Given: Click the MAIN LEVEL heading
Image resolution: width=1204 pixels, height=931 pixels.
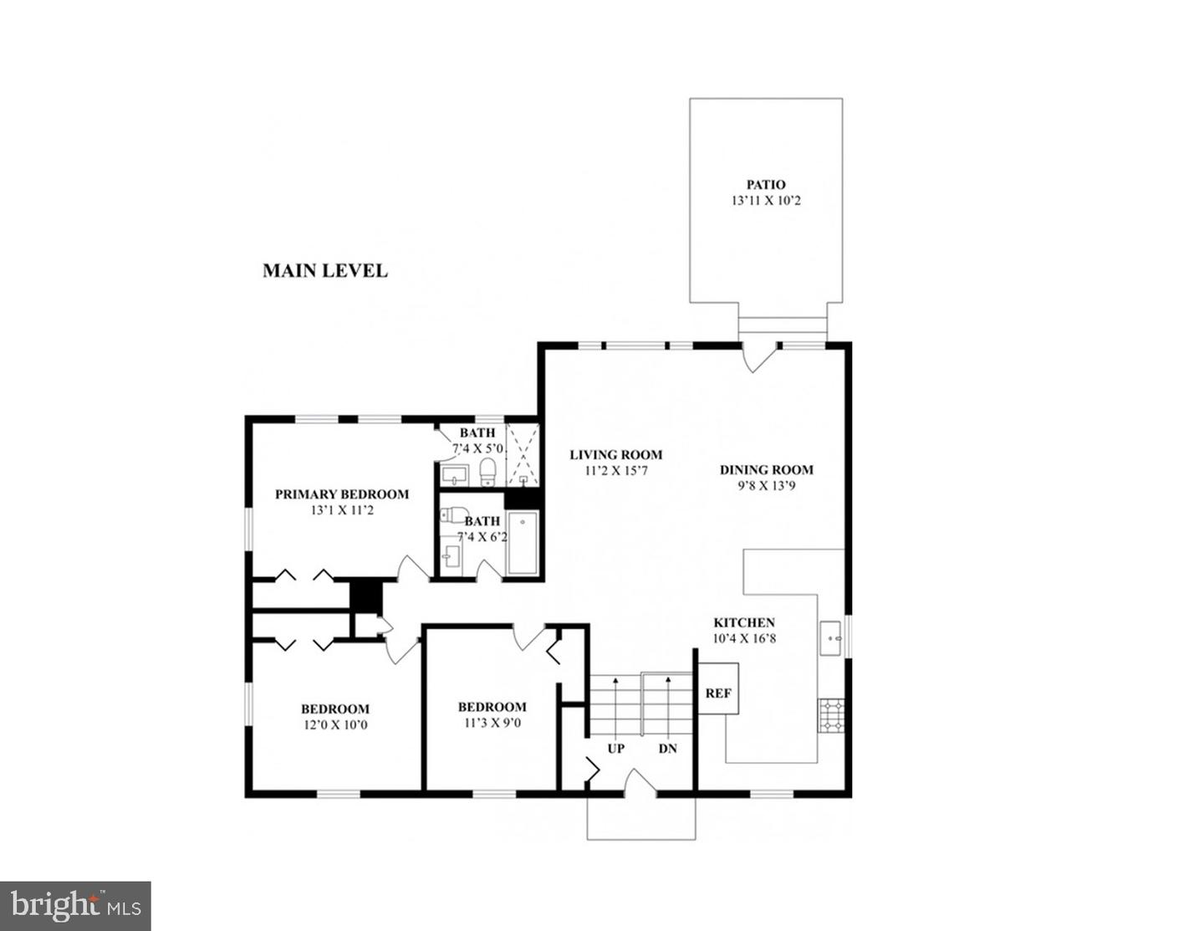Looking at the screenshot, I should click(325, 271).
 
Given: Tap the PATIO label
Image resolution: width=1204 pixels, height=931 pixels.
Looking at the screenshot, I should click(766, 185).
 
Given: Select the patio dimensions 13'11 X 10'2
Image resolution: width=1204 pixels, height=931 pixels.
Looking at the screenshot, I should click(766, 201).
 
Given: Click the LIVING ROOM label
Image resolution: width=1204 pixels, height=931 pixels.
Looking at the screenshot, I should click(616, 455).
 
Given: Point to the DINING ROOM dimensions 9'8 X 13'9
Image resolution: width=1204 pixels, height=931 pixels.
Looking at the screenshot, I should click(766, 485).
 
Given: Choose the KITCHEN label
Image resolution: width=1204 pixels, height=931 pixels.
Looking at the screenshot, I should click(743, 622).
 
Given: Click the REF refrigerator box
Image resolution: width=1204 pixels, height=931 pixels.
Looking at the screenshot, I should click(718, 693).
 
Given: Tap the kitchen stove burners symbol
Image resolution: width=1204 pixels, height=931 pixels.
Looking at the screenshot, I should click(831, 715).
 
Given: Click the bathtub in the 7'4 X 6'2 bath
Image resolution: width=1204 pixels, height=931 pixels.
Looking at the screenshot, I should click(523, 544).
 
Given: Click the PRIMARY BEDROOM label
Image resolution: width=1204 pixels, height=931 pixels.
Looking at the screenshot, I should click(342, 494).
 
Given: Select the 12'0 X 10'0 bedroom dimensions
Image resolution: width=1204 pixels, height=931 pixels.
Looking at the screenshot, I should click(334, 725).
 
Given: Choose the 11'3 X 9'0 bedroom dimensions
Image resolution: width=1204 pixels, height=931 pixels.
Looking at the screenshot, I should click(492, 723).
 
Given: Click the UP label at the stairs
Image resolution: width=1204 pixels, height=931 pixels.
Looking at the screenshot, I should click(615, 749).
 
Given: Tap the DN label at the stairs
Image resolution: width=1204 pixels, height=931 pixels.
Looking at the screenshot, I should click(667, 749).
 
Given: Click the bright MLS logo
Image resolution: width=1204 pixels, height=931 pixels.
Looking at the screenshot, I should click(75, 906).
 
